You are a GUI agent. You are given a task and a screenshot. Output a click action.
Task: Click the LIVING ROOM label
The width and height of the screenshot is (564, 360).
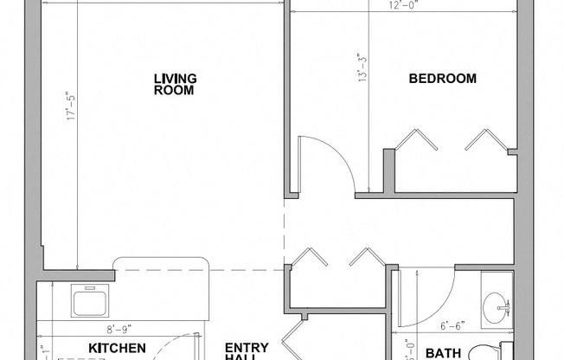[x=174, y=84]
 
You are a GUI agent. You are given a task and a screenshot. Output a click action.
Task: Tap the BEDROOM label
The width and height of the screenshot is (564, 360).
[x=442, y=79]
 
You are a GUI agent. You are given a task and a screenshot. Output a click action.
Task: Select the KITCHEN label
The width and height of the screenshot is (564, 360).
[x=116, y=348]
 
